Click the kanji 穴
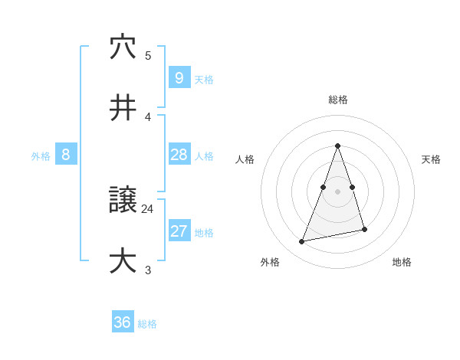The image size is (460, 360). (123, 47)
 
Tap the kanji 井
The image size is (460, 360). (123, 108)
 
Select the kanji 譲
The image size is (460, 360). (123, 200)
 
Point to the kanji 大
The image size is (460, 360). (123, 261)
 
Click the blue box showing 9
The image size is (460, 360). (179, 78)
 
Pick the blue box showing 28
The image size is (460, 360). (179, 155)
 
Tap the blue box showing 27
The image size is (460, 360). (179, 231)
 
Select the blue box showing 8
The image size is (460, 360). (66, 155)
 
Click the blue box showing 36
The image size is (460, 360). (122, 322)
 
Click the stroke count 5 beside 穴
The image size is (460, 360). (148, 55)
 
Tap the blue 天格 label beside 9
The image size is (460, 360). (204, 80)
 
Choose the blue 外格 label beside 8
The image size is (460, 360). (41, 156)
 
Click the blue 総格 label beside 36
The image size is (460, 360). (147, 324)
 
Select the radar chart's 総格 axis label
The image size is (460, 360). (338, 100)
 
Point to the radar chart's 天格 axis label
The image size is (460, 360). (432, 159)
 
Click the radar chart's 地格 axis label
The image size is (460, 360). (402, 262)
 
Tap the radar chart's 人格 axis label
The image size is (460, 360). (245, 159)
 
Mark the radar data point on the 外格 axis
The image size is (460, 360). (302, 242)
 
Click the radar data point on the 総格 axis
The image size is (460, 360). (338, 146)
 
